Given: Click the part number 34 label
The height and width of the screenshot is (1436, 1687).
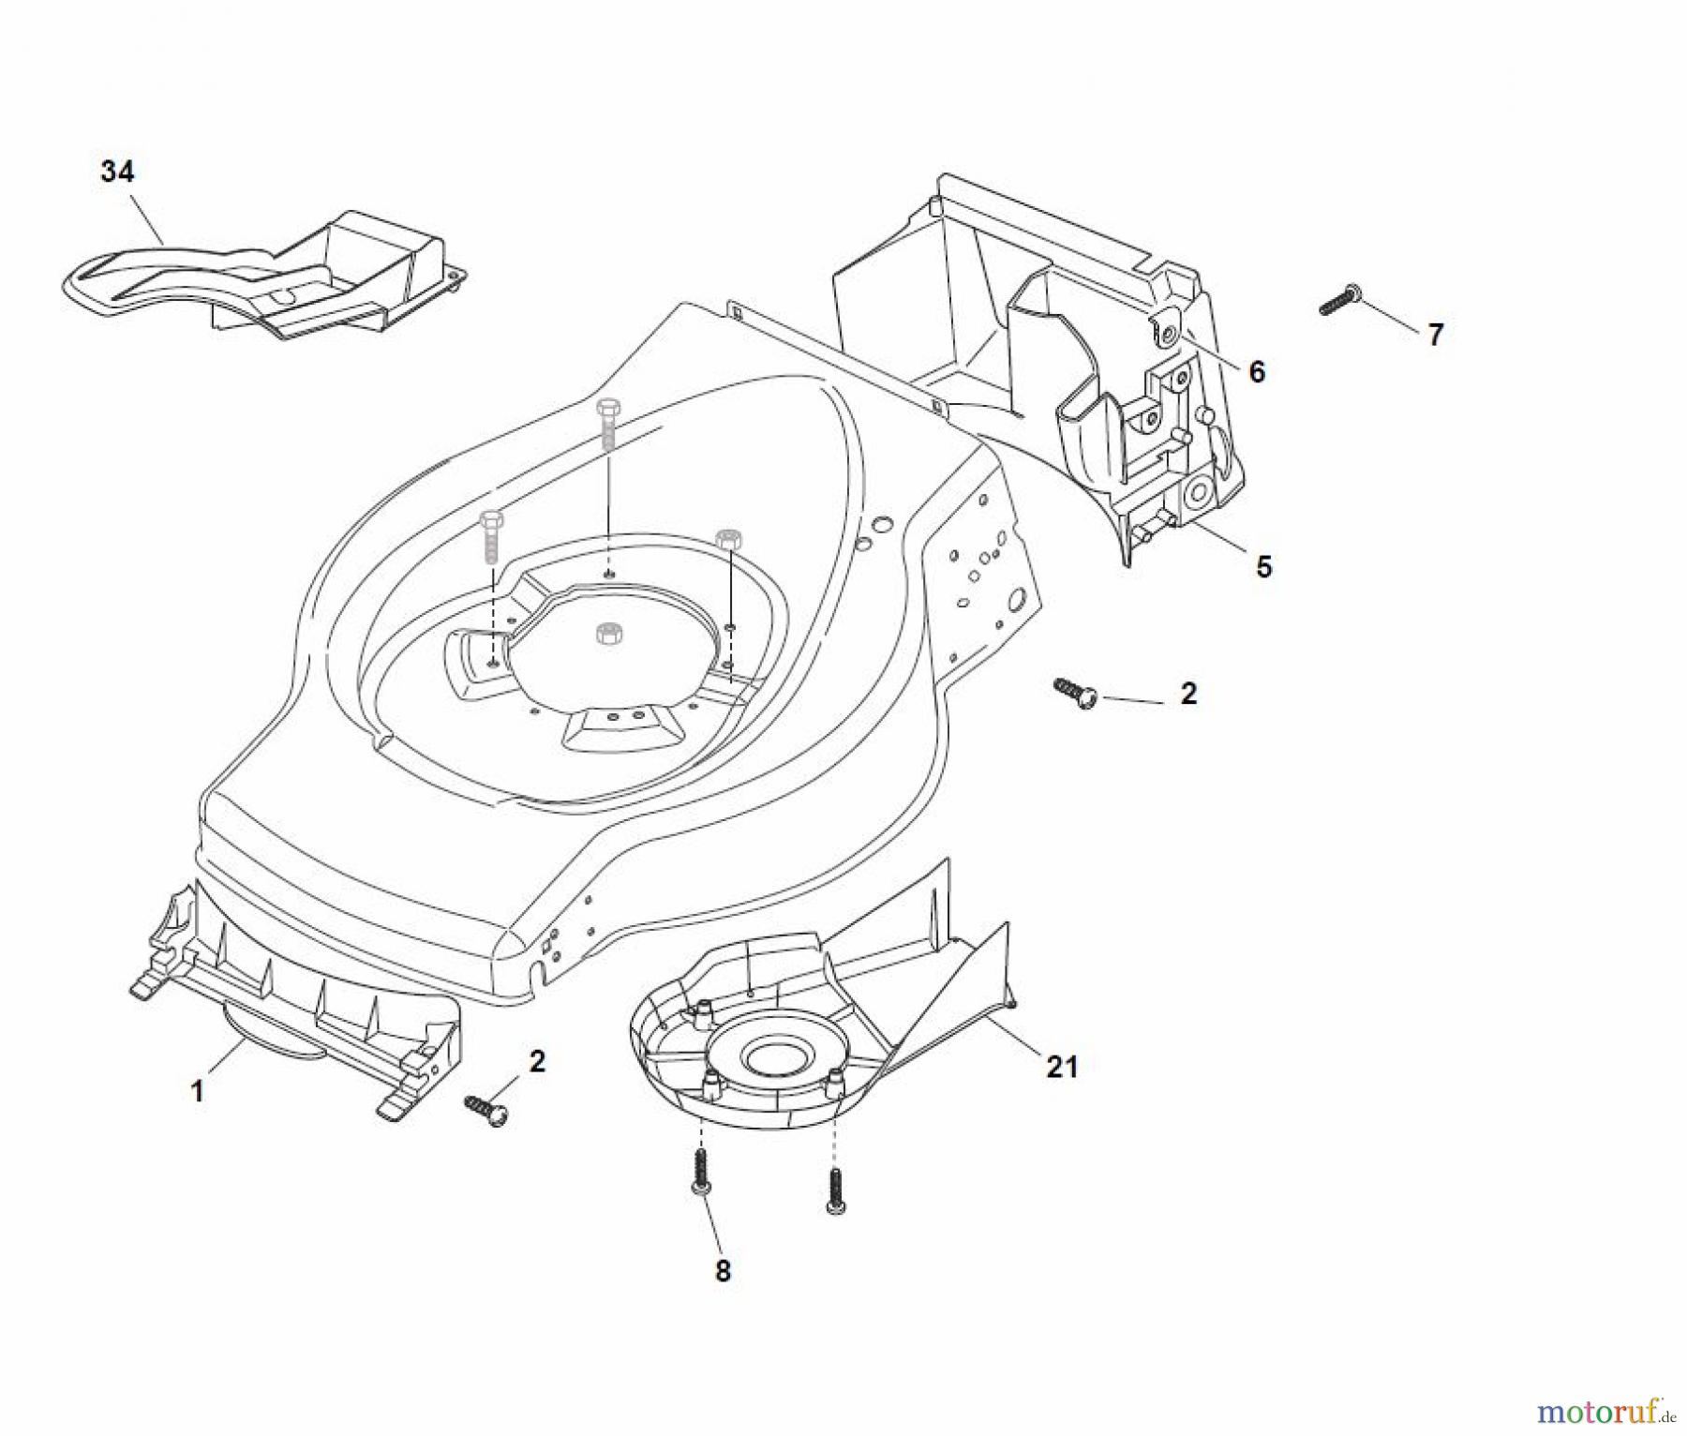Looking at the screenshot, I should point(117,172).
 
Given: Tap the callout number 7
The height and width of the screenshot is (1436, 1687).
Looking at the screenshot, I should point(1435,335).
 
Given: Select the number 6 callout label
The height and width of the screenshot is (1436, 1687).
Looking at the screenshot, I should point(1257,372).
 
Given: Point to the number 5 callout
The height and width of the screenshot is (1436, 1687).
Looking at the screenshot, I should point(1263,567).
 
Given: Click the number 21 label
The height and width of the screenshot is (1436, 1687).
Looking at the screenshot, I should point(1061,1067).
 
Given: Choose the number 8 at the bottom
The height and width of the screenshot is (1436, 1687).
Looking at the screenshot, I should point(722,1272).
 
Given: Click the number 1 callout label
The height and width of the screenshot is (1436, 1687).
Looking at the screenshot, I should point(197,1092).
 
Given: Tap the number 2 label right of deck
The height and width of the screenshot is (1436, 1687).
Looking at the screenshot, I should point(1188,694).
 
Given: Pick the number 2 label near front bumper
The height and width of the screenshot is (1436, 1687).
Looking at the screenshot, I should point(537,1061).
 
